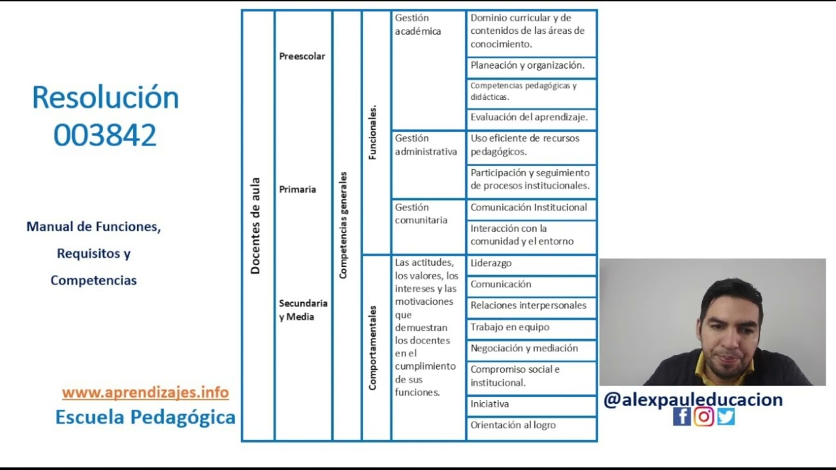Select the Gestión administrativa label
426,145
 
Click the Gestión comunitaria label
421,213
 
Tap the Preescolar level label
302,56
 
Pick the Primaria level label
297,189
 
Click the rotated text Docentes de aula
255,226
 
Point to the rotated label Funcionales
373,133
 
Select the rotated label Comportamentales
373,348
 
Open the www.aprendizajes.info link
145,393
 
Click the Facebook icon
681,416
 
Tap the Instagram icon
703,416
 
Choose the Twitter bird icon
726,416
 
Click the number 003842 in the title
104,136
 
